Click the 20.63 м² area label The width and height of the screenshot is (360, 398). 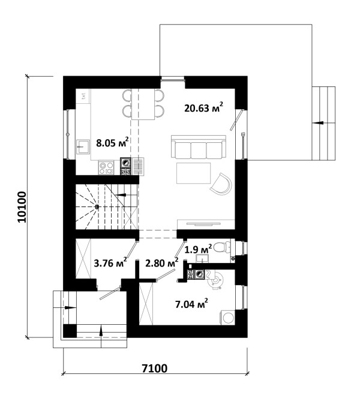pyautogui.click(x=204, y=107)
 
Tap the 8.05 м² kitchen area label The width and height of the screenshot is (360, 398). pyautogui.click(x=112, y=143)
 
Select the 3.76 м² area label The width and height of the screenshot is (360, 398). pyautogui.click(x=110, y=263)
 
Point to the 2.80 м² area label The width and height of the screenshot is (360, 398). pyautogui.click(x=161, y=263)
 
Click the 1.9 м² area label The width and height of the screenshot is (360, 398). pyautogui.click(x=198, y=250)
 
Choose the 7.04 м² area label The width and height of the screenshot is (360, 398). pyautogui.click(x=191, y=303)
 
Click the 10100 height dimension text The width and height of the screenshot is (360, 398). pyautogui.click(x=22, y=207)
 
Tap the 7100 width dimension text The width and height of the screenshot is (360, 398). pyautogui.click(x=155, y=369)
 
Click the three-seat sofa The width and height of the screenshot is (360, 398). pyautogui.click(x=199, y=146)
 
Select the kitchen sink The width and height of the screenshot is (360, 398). pyautogui.click(x=83, y=146)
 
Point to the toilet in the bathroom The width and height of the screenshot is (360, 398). pyautogui.click(x=222, y=247)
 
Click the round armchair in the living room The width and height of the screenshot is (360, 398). pyautogui.click(x=221, y=184)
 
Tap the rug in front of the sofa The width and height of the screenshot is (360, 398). pyautogui.click(x=194, y=173)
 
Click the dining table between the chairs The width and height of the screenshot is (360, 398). pyautogui.click(x=143, y=104)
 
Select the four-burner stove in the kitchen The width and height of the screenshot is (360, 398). pyautogui.click(x=106, y=168)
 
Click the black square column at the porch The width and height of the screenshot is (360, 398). pyautogui.click(x=70, y=331)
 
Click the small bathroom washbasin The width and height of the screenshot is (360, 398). pyautogui.click(x=202, y=258)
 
